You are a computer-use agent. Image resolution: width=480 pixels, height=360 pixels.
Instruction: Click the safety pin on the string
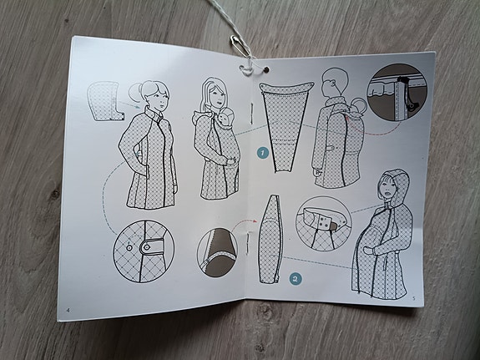pos(240,46)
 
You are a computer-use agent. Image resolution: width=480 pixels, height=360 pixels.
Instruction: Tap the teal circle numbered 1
pos(263,153)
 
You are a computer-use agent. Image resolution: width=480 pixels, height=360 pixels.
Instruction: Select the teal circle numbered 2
pos(296,279)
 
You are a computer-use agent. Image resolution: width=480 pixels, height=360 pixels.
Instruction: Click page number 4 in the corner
pos(68,310)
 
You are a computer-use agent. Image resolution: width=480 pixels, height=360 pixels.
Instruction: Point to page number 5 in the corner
pos(414,298)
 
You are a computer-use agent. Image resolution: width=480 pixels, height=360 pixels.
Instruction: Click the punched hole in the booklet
pos(266,70)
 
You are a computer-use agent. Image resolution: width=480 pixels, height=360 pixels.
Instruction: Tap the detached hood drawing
pos(105,101)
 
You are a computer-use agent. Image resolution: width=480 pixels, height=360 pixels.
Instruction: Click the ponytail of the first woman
pos(135,91)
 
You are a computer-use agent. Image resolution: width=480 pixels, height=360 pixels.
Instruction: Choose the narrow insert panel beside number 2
pos(270,239)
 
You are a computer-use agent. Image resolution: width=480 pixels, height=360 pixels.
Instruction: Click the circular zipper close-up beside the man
pos(397,93)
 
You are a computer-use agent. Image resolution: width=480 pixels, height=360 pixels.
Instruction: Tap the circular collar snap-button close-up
pos(323,224)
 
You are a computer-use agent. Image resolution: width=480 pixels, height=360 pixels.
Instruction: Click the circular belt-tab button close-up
pos(144,251)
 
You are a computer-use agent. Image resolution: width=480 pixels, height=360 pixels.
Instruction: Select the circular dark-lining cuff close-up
pos(217,252)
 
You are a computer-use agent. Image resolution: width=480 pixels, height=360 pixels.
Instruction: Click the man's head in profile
pos(336,82)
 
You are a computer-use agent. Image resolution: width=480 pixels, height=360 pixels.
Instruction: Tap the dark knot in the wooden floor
pos(55,194)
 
